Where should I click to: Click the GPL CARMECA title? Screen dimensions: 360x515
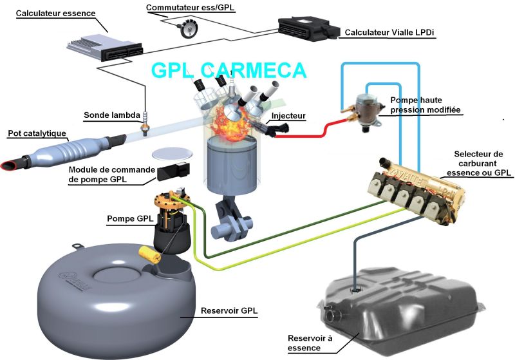click(229, 70)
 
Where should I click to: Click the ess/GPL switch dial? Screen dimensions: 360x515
click(188, 28)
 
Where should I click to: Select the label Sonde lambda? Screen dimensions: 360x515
click(112, 115)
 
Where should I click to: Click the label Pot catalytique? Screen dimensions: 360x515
click(37, 133)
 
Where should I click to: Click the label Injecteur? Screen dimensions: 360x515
click(288, 116)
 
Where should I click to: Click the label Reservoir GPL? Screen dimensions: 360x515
click(229, 310)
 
